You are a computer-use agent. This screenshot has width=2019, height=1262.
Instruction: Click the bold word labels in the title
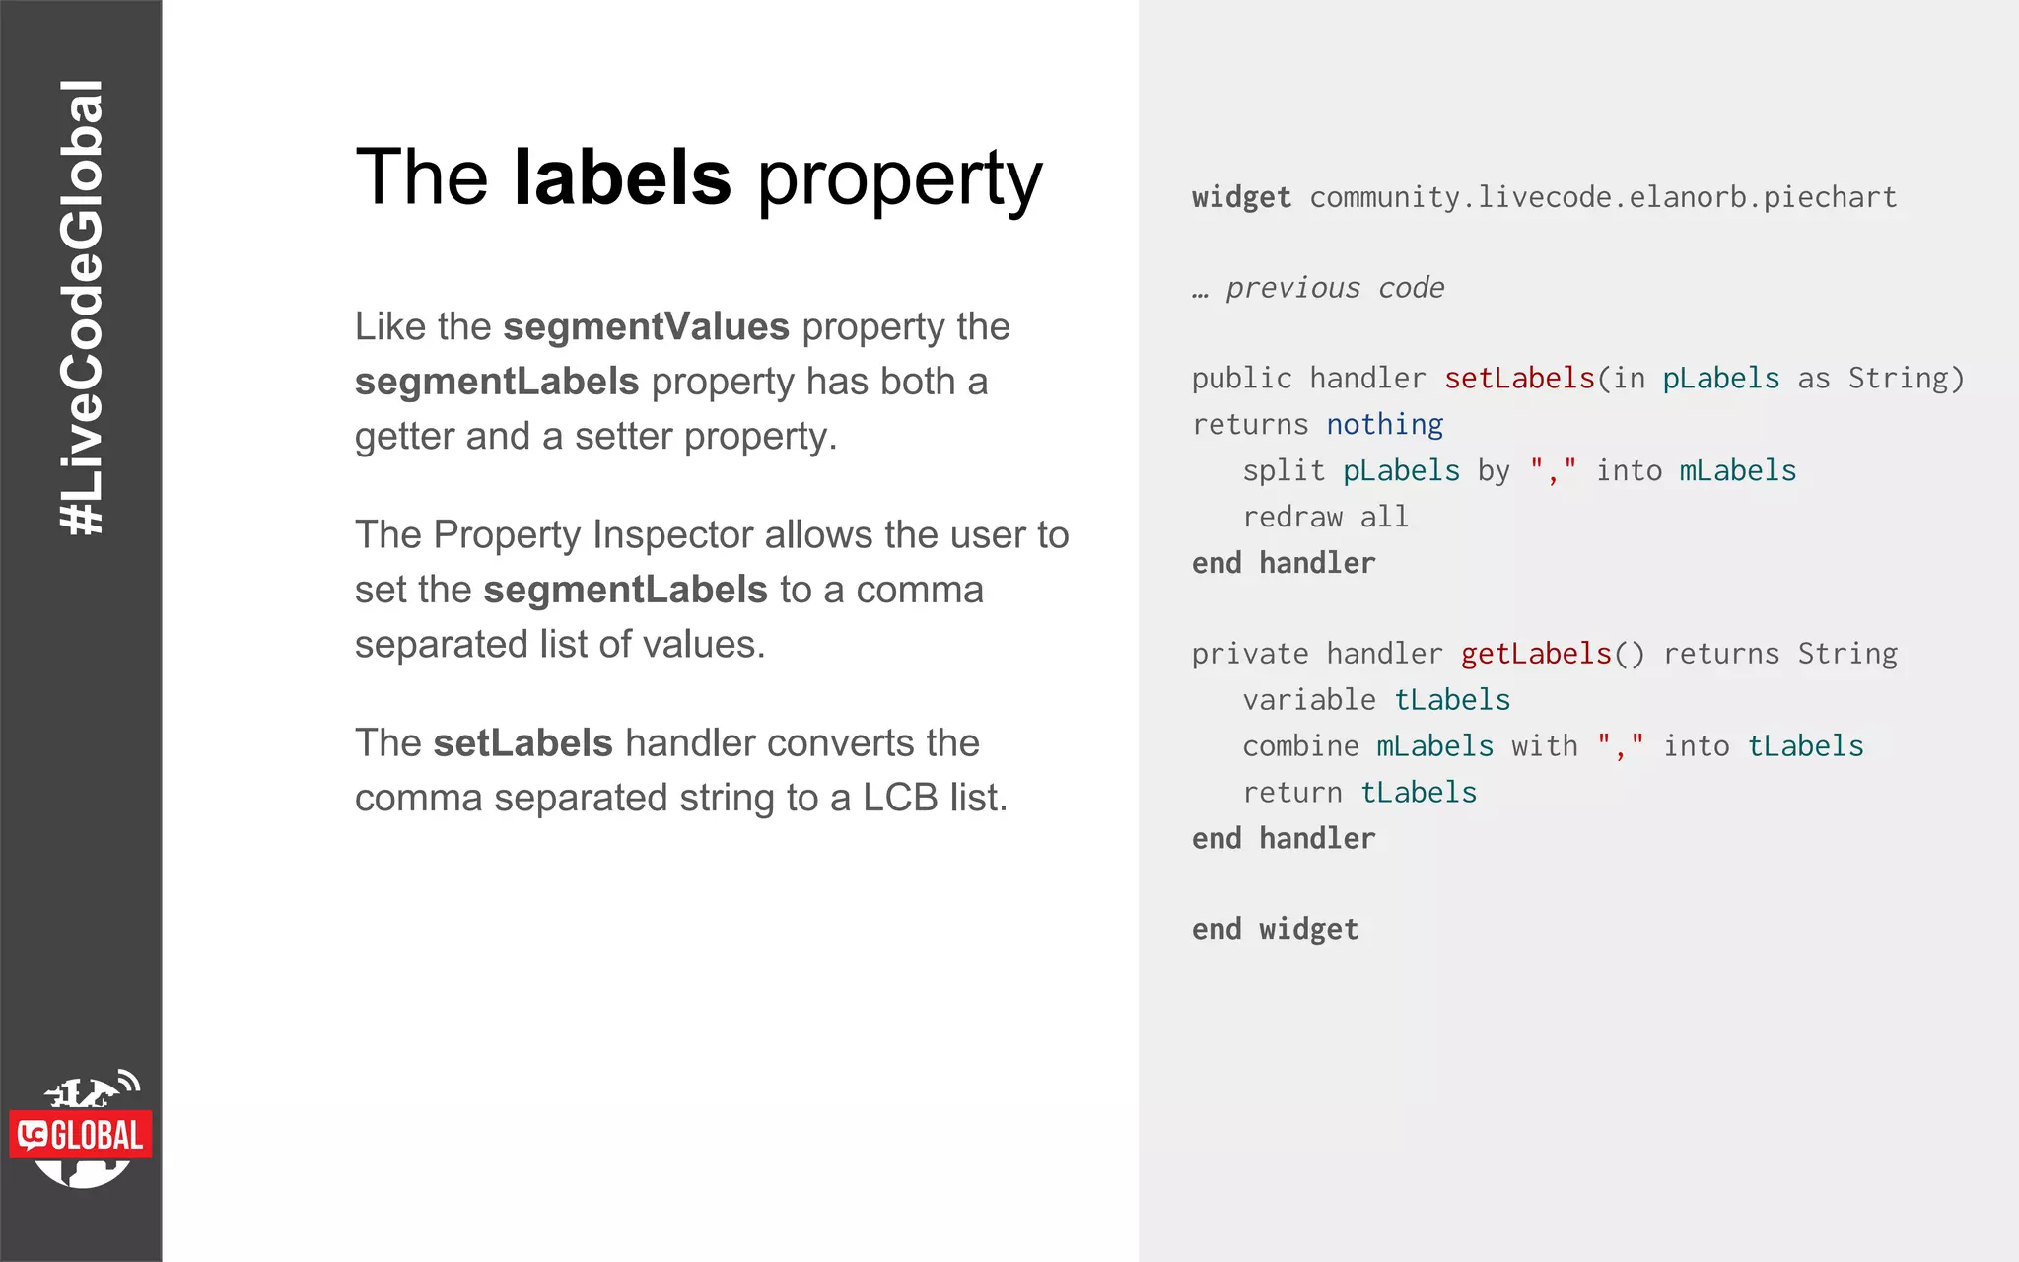tap(622, 177)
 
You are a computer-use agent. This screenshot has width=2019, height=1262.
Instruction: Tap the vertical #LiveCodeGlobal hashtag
tap(81, 308)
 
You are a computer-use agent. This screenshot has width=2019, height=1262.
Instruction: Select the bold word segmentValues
tap(646, 326)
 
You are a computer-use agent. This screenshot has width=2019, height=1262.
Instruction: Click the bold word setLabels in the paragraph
tap(522, 742)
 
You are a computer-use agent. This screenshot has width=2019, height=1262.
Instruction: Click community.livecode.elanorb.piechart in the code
tap(1603, 197)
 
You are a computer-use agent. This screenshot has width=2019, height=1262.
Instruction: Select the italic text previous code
tap(1334, 288)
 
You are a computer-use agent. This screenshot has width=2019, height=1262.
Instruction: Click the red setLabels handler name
tap(1519, 379)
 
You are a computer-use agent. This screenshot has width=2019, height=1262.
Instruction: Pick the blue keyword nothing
tap(1384, 425)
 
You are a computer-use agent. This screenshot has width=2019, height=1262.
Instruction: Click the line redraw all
tap(1325, 517)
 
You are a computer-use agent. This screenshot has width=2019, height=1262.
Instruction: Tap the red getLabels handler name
tap(1536, 654)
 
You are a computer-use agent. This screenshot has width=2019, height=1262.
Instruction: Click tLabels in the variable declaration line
tap(1452, 700)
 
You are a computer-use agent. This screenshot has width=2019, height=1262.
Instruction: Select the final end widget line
tap(1275, 929)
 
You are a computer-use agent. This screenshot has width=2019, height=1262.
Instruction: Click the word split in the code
tap(1284, 471)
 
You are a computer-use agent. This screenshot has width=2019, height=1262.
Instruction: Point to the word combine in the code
tap(1300, 746)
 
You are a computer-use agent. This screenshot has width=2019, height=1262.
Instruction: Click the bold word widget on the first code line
tap(1241, 197)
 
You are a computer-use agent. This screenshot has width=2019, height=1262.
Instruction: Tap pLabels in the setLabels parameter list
tap(1721, 379)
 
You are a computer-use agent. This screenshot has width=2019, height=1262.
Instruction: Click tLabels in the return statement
tap(1419, 793)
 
